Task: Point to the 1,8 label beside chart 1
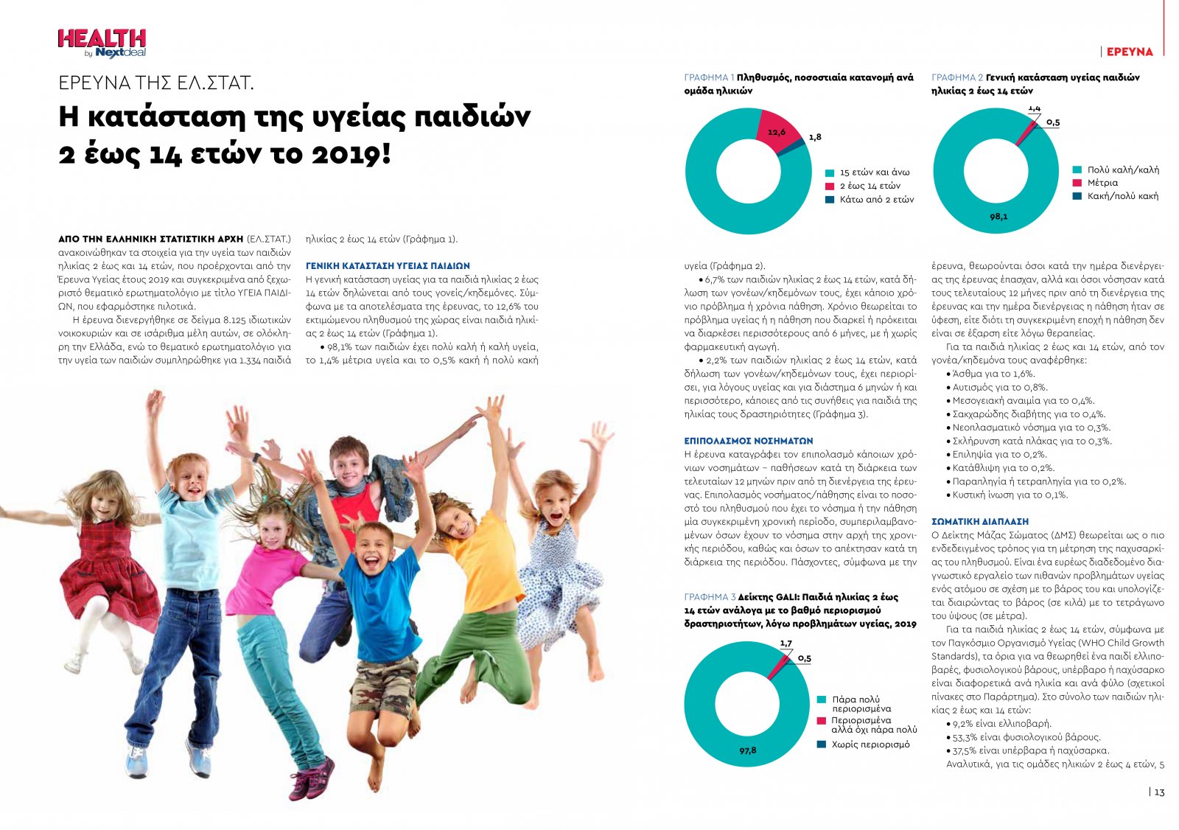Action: tap(814, 137)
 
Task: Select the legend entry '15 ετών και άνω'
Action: tap(874, 172)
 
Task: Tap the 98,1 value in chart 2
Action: tap(998, 217)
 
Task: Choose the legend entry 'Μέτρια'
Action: tap(1102, 183)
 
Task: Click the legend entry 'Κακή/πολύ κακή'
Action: tap(1122, 196)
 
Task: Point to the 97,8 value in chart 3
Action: tap(748, 750)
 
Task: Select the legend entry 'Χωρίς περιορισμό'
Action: tap(870, 744)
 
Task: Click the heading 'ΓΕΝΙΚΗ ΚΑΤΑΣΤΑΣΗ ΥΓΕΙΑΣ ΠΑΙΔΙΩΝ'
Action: tap(387, 265)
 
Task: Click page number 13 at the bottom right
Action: tap(1159, 792)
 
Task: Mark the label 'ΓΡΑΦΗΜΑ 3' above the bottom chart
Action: tap(710, 597)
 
